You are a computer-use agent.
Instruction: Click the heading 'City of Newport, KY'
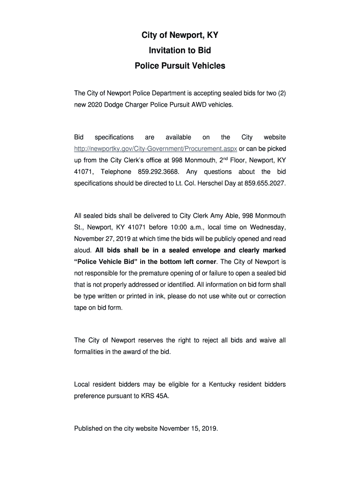point(180,36)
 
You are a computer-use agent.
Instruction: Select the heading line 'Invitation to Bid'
point(180,51)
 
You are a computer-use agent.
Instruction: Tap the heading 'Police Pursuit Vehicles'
point(180,66)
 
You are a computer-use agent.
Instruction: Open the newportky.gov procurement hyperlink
point(156,149)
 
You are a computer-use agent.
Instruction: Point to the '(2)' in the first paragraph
point(281,93)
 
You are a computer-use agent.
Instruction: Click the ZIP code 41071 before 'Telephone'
point(83,172)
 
